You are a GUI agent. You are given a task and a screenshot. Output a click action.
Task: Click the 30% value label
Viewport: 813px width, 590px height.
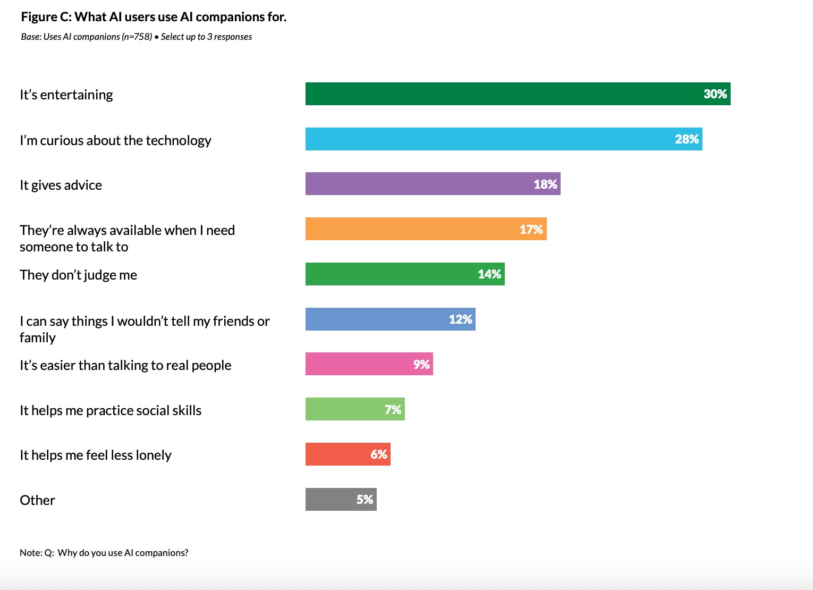point(715,94)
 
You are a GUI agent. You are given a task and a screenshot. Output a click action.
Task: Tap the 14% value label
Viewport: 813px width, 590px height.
point(489,274)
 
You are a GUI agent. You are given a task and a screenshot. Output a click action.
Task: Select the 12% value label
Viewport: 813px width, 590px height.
point(460,319)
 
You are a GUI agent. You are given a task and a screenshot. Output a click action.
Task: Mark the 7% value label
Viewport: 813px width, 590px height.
point(393,409)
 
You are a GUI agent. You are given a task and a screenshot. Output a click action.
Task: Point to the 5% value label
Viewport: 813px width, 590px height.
point(365,500)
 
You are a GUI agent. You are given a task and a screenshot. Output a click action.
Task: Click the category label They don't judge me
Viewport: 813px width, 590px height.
point(78,275)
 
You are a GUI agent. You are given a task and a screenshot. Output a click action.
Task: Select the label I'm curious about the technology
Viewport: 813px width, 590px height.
point(115,140)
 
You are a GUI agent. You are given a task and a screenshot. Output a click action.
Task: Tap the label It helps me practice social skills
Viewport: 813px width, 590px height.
point(111,410)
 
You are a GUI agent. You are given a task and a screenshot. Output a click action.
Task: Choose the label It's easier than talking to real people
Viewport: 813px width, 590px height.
point(125,365)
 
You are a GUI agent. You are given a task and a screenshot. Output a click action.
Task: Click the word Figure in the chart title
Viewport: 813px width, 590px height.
point(39,17)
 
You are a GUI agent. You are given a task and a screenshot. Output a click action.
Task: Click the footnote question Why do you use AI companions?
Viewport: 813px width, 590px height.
point(123,553)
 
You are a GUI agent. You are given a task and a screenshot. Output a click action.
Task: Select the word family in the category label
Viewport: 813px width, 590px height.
point(38,338)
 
